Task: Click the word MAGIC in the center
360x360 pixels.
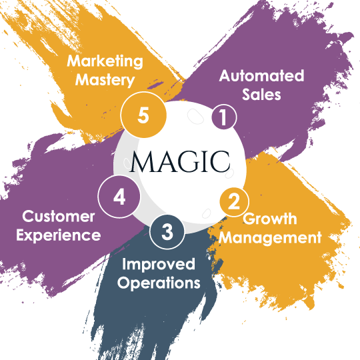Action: [180, 161]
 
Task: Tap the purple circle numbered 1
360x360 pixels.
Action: [224, 117]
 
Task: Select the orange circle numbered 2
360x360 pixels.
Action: [234, 202]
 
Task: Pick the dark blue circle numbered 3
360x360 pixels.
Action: [167, 231]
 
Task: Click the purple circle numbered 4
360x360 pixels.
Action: [119, 197]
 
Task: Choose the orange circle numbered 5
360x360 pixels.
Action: [143, 115]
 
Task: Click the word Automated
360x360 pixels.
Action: [261, 75]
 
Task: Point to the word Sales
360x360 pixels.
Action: [261, 95]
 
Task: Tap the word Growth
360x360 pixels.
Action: [270, 219]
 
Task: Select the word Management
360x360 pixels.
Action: [270, 237]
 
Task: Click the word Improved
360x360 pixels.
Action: [159, 264]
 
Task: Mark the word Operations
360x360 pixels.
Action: [159, 283]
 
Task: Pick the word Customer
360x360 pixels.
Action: [59, 216]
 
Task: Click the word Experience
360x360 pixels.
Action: [58, 235]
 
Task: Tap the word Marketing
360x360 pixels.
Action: [105, 61]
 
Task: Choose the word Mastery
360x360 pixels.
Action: [105, 80]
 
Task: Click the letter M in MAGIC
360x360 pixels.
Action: [143, 161]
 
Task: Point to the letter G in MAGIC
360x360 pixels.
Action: [189, 161]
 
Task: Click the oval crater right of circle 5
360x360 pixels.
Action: [195, 116]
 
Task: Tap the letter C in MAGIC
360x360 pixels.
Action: [220, 161]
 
